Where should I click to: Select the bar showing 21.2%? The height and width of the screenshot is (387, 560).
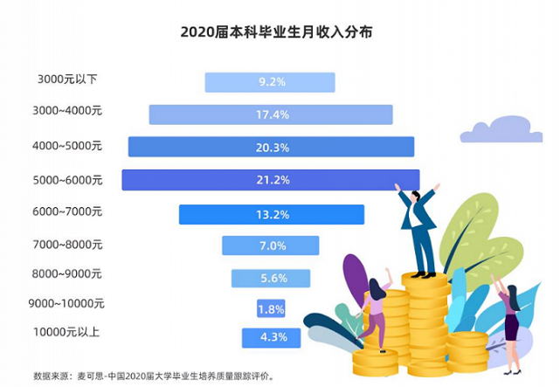(270, 180)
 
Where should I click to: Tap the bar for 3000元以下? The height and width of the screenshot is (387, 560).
(270, 82)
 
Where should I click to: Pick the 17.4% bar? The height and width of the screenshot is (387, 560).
(270, 114)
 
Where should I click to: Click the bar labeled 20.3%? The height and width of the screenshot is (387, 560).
(270, 147)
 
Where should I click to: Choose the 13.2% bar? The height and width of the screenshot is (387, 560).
(271, 214)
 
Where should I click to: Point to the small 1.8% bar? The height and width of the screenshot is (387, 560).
(270, 308)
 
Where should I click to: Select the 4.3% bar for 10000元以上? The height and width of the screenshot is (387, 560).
(270, 338)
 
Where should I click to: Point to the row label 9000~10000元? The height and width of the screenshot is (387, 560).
(69, 305)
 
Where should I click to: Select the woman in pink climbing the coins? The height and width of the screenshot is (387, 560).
(376, 306)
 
